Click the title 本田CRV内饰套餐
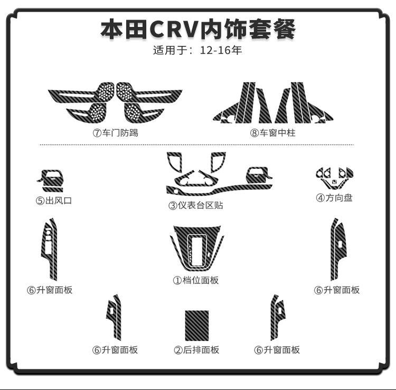coord(198,30)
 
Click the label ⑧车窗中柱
coord(272,133)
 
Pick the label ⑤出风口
coord(53,201)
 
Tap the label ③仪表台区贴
coord(196,205)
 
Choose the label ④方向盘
coord(334,198)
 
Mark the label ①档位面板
coord(196,280)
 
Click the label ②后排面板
coord(196,350)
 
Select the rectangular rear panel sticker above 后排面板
coord(196,326)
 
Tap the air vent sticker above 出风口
coord(51,180)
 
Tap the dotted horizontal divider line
coord(198,144)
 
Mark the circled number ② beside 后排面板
coord(178,350)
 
